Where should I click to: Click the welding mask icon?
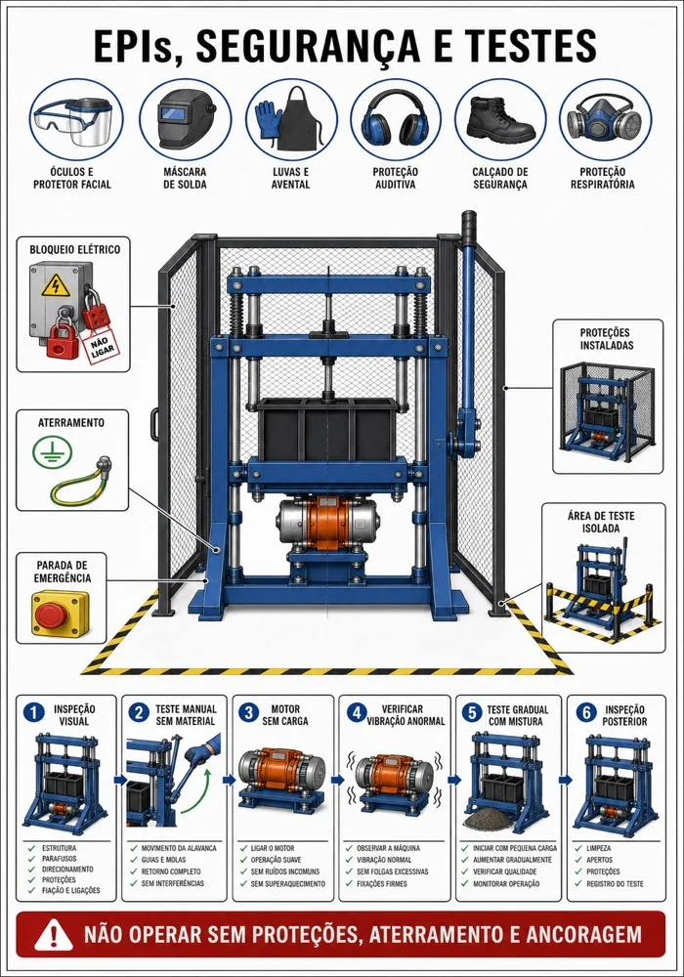coord(185,118)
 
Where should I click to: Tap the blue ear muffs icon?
coord(395,119)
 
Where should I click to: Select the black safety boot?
coord(500,119)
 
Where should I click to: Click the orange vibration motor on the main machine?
coord(329,522)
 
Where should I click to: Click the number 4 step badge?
coord(357,713)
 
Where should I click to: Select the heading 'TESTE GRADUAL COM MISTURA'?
coord(517,715)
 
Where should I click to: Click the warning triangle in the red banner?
coord(54,935)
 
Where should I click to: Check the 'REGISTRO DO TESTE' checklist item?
coord(615,883)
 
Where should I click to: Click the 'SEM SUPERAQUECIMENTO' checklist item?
coord(288,883)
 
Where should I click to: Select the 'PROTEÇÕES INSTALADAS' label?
coord(606,339)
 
